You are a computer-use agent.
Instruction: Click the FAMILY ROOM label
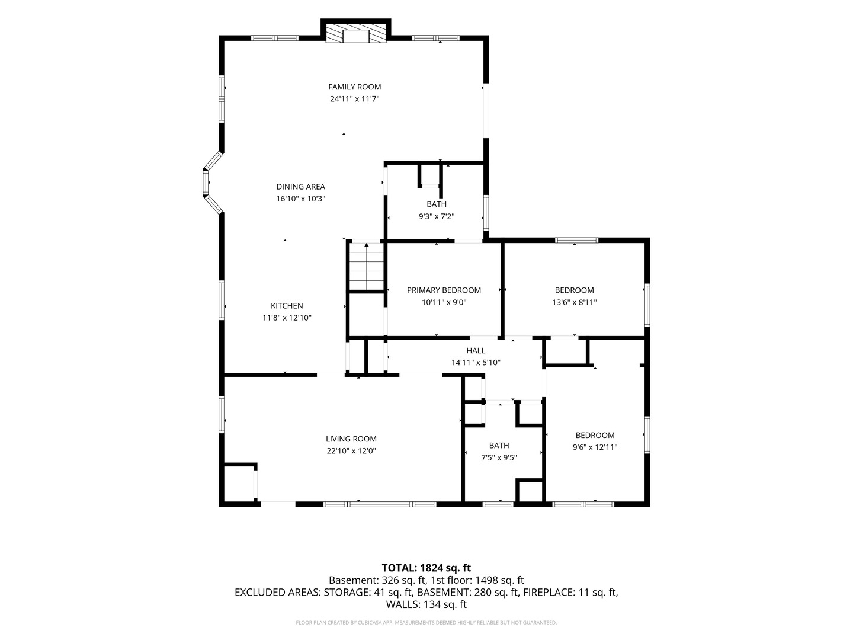pyautogui.click(x=354, y=87)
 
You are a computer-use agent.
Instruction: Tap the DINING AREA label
pyautogui.click(x=300, y=187)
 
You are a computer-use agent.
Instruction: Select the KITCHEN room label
pyautogui.click(x=287, y=306)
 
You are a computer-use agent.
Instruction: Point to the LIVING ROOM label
pyautogui.click(x=351, y=439)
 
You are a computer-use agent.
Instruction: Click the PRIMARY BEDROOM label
pyautogui.click(x=444, y=290)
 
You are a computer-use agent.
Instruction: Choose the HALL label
pyautogui.click(x=476, y=350)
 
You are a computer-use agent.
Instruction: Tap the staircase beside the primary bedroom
pyautogui.click(x=367, y=266)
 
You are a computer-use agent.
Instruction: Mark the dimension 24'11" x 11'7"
pyautogui.click(x=354, y=99)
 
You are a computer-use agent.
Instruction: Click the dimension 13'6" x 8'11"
pyautogui.click(x=575, y=302)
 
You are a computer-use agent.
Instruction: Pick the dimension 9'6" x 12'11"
pyautogui.click(x=595, y=447)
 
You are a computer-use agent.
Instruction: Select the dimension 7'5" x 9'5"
pyautogui.click(x=499, y=457)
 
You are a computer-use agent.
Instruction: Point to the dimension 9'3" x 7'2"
pyautogui.click(x=437, y=216)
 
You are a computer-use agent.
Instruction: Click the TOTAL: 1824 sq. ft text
pyautogui.click(x=426, y=568)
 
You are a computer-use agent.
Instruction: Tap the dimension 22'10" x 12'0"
pyautogui.click(x=351, y=451)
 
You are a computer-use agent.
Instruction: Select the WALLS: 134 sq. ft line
pyautogui.click(x=426, y=604)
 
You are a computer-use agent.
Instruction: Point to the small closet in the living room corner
pyautogui.click(x=239, y=484)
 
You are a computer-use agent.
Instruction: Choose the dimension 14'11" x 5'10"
pyautogui.click(x=476, y=363)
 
